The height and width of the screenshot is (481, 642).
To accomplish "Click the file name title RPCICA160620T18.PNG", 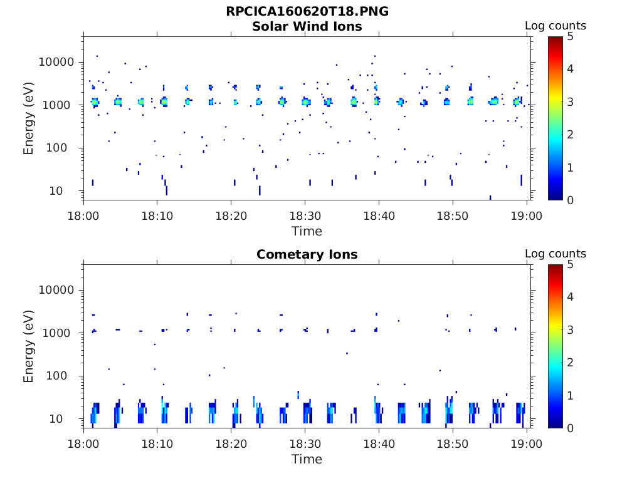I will point(307,12).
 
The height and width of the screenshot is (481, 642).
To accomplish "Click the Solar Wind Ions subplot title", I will point(307,26).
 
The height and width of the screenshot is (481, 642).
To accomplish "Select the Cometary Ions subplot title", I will point(307,254).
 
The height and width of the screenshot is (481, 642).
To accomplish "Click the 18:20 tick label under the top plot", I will point(231,216).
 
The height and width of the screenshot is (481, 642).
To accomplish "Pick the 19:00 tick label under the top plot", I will point(527,216).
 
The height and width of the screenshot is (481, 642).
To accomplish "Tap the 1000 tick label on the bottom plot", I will point(61,333).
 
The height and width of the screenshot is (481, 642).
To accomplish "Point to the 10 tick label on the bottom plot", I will point(69,418).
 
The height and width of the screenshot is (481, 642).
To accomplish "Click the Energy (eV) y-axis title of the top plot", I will point(29,118).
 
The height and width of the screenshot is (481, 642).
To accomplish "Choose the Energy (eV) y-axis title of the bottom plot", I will point(29,346).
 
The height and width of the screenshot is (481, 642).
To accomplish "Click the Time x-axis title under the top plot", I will point(307,231).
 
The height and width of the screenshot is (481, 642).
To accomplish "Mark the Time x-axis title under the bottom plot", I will point(307,459).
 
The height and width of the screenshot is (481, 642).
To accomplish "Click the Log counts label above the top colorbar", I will point(555,26).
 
